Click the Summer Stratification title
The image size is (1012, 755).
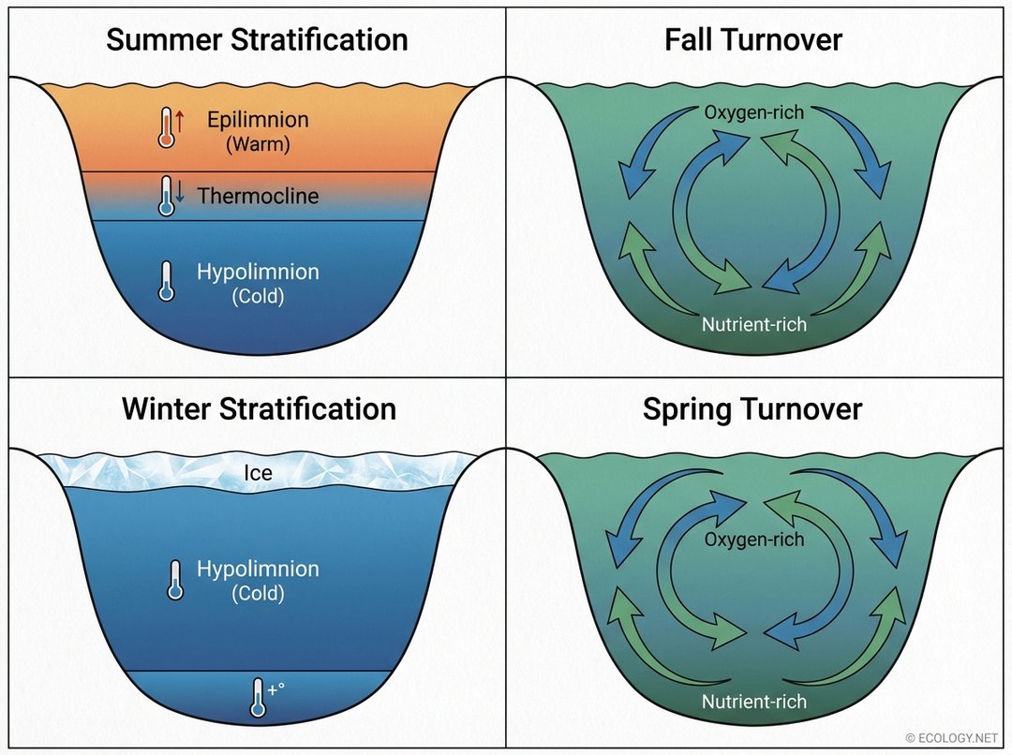pos(256,40)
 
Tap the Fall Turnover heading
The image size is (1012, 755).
pos(753,40)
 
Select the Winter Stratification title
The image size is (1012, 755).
pos(258,409)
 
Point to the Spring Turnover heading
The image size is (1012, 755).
pos(752,409)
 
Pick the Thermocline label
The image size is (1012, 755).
pos(258,196)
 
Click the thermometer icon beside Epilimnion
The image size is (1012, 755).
pos(168,127)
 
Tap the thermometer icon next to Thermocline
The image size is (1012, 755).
pos(168,196)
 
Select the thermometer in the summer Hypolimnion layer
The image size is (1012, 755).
pos(167,280)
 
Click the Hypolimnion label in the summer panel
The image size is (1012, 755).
pos(258,273)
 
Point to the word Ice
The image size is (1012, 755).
pos(258,473)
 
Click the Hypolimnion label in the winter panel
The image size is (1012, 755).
pos(258,570)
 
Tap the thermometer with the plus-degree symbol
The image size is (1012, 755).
pos(257,698)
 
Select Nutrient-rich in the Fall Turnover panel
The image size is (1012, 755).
pos(753,325)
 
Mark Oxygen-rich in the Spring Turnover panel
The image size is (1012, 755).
pos(753,540)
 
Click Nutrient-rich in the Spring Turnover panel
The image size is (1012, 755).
pos(753,702)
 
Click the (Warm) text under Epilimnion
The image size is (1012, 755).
pos(258,145)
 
